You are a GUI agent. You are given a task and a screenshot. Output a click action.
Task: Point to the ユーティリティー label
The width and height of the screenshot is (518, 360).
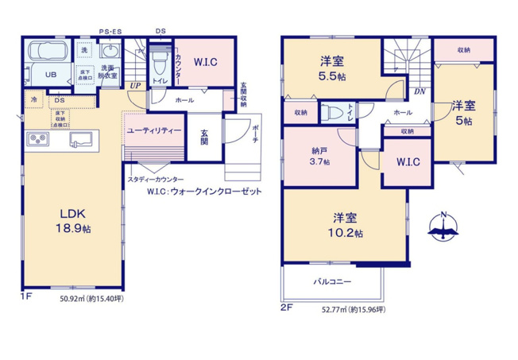pos(153,130)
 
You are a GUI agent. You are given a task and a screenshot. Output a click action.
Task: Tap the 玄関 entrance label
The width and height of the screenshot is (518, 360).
pos(204,137)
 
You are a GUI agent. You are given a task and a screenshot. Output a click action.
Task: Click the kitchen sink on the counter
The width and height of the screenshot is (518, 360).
pos(79,140)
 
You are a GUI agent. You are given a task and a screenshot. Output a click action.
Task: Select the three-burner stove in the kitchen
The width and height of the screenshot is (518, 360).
pos(38,140)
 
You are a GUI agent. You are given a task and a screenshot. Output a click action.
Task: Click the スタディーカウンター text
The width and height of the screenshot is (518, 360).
pos(155,180)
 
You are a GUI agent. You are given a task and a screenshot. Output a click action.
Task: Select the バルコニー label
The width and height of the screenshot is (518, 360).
pos(331,281)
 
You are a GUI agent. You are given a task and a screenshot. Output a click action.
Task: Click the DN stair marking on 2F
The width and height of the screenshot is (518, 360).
pos(419,94)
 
